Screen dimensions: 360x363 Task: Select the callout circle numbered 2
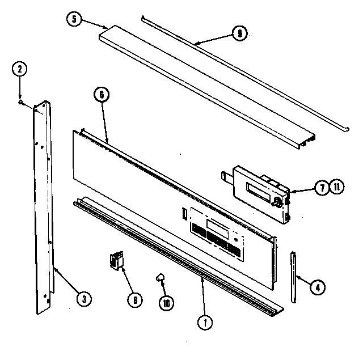click(x=20, y=69)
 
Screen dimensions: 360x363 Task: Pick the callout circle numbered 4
click(x=318, y=287)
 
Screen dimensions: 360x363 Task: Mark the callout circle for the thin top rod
click(x=240, y=34)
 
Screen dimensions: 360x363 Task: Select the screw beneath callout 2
click(x=22, y=103)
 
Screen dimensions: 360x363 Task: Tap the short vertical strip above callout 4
click(x=294, y=277)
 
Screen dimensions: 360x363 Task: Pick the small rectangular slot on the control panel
click(x=184, y=214)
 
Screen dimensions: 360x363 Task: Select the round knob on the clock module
click(x=279, y=201)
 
